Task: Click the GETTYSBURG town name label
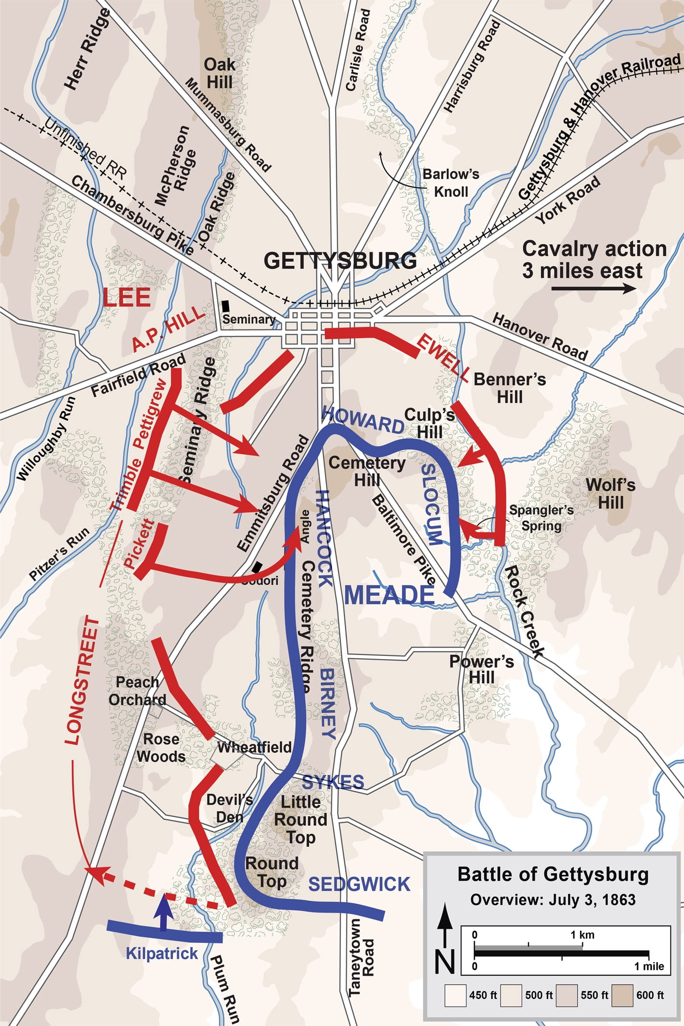[x=340, y=261]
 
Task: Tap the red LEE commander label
[x=127, y=298]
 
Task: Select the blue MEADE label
[x=389, y=595]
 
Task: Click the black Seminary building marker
[x=226, y=306]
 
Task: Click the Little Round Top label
[x=300, y=820]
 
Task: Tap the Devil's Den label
[x=229, y=808]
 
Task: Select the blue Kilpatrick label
[x=162, y=954]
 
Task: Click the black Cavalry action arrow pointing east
[x=594, y=289]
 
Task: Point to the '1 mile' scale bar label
[x=649, y=966]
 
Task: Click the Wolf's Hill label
[x=611, y=494]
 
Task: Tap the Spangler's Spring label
[x=541, y=518]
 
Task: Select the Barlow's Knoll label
[x=451, y=183]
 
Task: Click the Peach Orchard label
[x=137, y=691]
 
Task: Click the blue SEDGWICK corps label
[x=359, y=884]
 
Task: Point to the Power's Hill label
[x=482, y=669]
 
